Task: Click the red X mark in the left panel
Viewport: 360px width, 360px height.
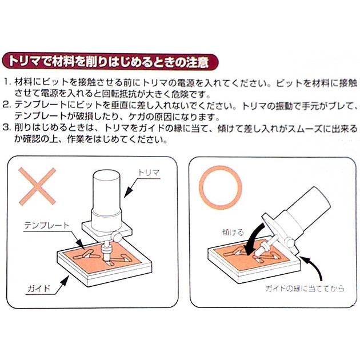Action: (36, 187)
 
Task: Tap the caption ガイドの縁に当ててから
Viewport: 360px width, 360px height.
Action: (305, 289)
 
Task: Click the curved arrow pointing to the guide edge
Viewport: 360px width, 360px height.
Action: (311, 269)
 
